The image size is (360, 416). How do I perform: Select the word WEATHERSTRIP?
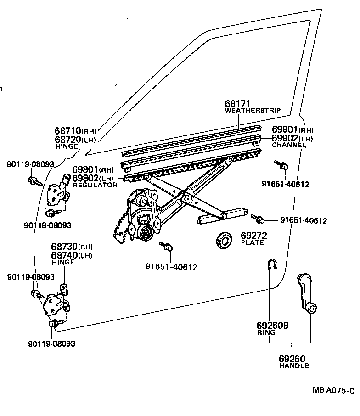point(253,111)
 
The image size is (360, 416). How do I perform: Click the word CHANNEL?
point(289,145)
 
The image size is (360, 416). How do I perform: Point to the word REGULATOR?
point(95,185)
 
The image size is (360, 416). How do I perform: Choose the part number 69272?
point(254,236)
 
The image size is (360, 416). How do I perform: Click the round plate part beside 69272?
point(225,239)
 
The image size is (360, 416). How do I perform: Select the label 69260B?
point(272,326)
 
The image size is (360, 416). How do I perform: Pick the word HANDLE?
point(294,366)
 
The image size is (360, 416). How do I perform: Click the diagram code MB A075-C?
point(333,391)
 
